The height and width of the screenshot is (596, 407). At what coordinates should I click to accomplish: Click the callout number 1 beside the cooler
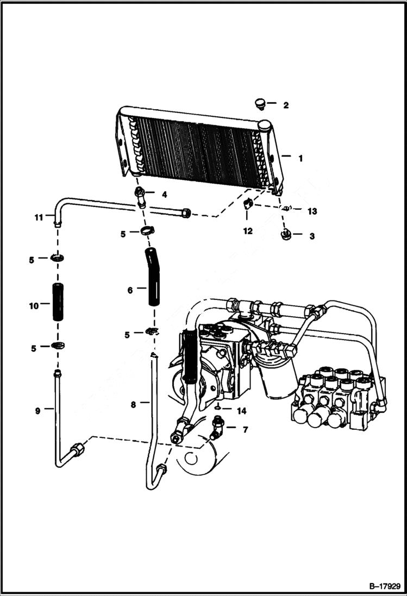299,158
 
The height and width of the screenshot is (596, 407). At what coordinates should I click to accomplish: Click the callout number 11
38,217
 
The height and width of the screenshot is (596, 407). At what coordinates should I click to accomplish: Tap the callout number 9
37,411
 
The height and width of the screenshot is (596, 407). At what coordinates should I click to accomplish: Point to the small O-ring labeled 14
217,408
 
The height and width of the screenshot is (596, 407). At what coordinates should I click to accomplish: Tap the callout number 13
311,210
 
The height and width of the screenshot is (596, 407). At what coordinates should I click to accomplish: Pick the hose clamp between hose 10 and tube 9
57,346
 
